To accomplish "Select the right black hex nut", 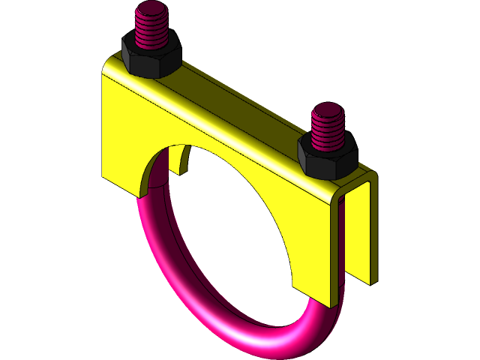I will (x=328, y=156).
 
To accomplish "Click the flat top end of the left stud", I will (x=151, y=10).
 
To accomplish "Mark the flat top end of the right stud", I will (x=327, y=110).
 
